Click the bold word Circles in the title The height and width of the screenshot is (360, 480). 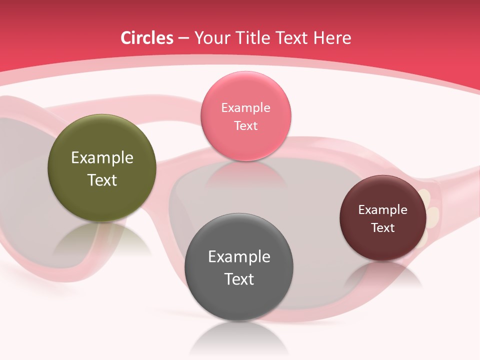147,38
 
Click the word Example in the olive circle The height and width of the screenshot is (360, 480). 102,158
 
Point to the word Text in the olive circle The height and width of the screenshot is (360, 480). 102,180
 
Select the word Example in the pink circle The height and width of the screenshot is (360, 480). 245,107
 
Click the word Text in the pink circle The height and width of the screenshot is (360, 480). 245,125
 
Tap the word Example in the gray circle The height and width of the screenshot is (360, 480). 239,256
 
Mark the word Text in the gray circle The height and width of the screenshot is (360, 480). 239,279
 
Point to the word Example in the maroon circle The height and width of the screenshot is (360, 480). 383,209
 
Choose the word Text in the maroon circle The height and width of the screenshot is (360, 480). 383,227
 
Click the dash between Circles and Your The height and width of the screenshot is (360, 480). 183,38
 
